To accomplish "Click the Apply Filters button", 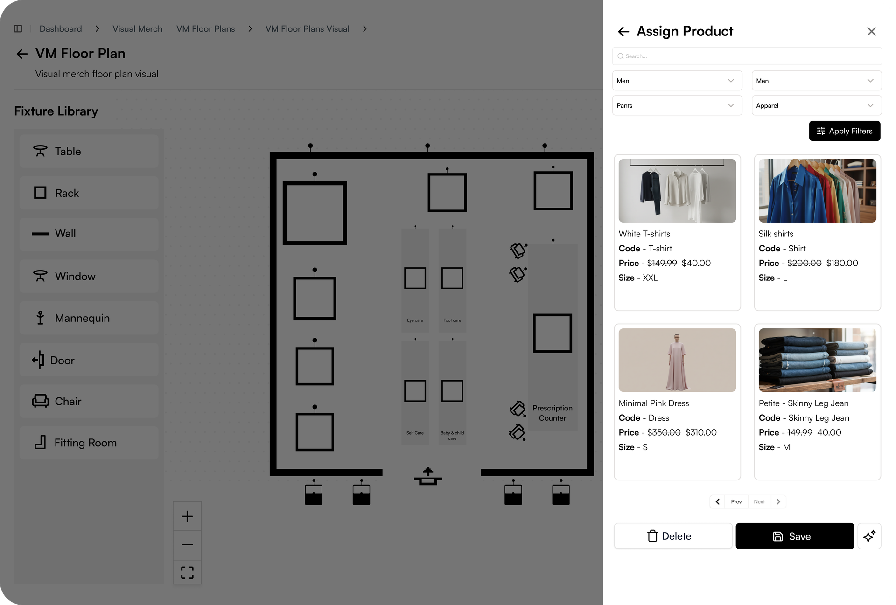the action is point(845,131).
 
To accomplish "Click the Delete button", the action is point(673,536).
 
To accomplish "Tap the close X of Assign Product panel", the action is point(871,31).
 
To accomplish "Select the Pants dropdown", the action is point(677,105).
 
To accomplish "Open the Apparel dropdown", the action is point(817,105).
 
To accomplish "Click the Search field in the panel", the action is point(747,56).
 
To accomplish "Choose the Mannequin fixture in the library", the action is point(89,318).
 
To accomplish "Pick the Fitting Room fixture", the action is point(89,443).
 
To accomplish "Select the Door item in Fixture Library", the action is point(89,360).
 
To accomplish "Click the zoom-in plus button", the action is point(187,516).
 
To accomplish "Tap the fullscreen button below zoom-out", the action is point(187,572).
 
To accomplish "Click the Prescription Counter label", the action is point(553,413).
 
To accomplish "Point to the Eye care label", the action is point(415,320).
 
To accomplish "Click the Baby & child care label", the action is point(452,436).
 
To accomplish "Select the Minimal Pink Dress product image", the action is point(677,360).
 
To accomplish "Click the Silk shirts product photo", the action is point(817,191).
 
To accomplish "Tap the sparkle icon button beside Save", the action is point(869,536).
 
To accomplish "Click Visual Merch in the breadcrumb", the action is point(137,29).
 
